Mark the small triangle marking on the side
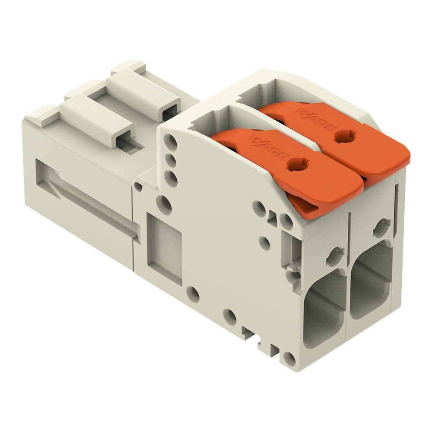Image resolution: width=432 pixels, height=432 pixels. pyautogui.click(x=273, y=218)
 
